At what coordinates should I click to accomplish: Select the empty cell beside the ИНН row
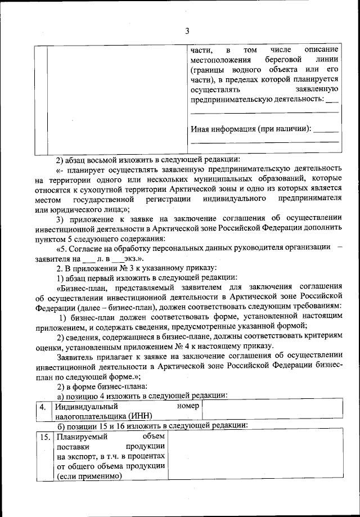tap(271, 411)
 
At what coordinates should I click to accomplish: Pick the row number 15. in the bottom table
tap(43, 437)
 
